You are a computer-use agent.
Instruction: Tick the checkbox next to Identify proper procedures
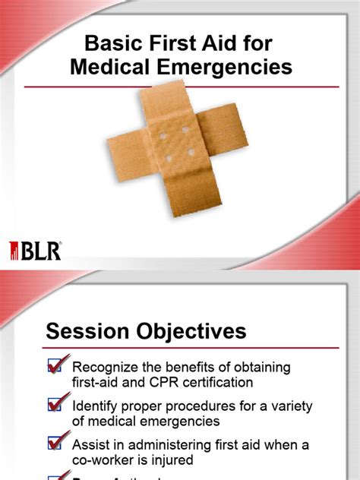click(x=56, y=404)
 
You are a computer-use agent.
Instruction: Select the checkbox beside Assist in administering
click(x=56, y=442)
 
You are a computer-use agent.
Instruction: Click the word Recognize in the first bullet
click(x=107, y=368)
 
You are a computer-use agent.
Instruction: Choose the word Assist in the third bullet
click(x=93, y=444)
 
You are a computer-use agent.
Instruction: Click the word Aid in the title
click(x=219, y=43)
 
